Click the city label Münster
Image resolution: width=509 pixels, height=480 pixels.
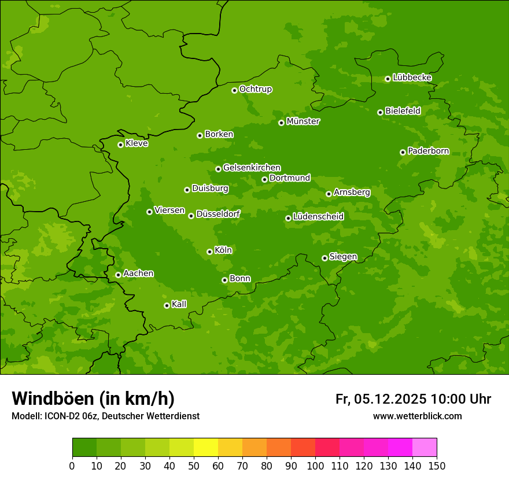[x=303, y=121]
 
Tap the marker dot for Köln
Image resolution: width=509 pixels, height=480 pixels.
[x=209, y=252]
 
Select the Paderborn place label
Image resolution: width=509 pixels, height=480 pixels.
[x=428, y=151]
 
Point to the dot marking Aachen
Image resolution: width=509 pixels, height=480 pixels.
[x=118, y=275]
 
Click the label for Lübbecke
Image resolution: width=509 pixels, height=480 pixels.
[x=412, y=77]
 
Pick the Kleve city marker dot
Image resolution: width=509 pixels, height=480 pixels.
[x=120, y=145]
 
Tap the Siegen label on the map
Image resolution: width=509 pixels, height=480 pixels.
[x=343, y=257]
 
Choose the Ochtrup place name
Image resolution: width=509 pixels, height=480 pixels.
[x=255, y=89]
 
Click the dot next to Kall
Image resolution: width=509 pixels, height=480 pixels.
[x=167, y=305]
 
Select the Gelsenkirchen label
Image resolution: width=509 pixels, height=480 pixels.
[x=252, y=168]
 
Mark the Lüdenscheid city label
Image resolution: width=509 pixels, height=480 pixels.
[x=318, y=217]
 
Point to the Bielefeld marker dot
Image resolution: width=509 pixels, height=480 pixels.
[x=380, y=112]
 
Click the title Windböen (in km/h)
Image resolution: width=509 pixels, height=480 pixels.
[x=93, y=398]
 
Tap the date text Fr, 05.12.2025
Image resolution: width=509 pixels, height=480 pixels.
[x=381, y=399]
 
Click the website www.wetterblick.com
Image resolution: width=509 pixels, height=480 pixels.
[x=417, y=416]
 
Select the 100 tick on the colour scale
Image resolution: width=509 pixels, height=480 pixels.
[x=315, y=466]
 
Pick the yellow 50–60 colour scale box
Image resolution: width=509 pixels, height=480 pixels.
[x=206, y=448]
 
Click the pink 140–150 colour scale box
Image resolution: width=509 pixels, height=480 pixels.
[x=425, y=448]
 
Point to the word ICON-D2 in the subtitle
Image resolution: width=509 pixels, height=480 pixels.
[x=60, y=416]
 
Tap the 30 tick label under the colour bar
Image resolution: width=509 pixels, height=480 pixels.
[x=145, y=466]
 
